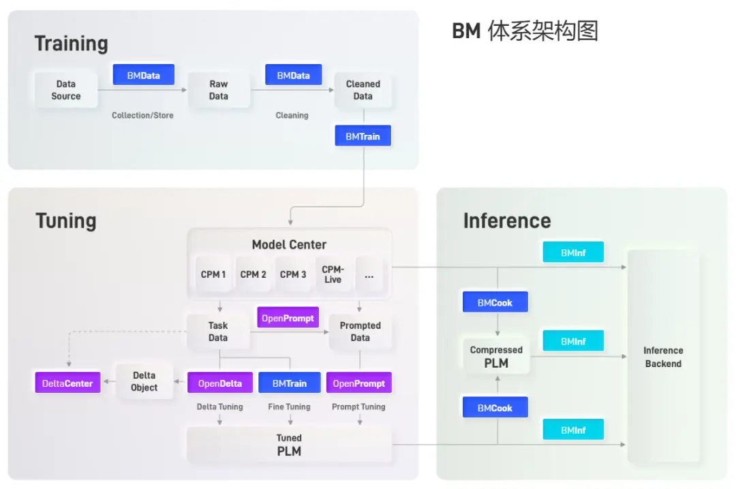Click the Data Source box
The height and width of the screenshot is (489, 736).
65,90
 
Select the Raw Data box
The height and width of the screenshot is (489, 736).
218,90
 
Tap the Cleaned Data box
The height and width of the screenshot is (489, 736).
363,90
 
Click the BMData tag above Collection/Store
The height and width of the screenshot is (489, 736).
143,75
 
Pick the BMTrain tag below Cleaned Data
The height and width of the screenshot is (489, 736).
363,136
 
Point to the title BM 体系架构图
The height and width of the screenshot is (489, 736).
525,31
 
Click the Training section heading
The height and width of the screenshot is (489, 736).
72,44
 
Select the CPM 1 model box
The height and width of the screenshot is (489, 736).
213,274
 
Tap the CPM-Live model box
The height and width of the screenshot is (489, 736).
333,274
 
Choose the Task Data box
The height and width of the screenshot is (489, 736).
218,332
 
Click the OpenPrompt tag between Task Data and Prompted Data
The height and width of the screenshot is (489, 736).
288,318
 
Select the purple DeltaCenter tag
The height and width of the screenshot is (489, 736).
67,383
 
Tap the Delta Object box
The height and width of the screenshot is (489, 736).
144,381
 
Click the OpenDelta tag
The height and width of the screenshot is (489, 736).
219,383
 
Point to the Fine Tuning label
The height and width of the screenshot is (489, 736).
289,407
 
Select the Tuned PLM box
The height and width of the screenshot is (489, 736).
289,445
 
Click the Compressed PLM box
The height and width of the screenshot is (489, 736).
496,357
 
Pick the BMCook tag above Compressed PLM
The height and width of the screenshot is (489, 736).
495,302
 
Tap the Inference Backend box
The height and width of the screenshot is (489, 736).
662,357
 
